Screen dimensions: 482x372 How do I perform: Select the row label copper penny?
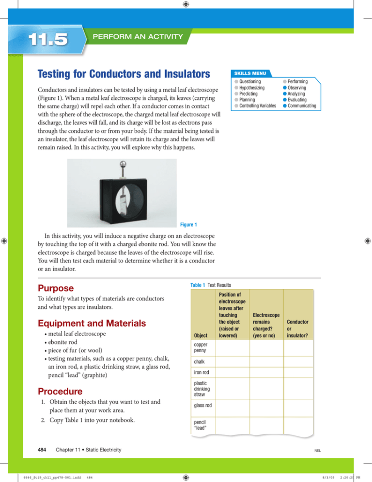click(x=202, y=346)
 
